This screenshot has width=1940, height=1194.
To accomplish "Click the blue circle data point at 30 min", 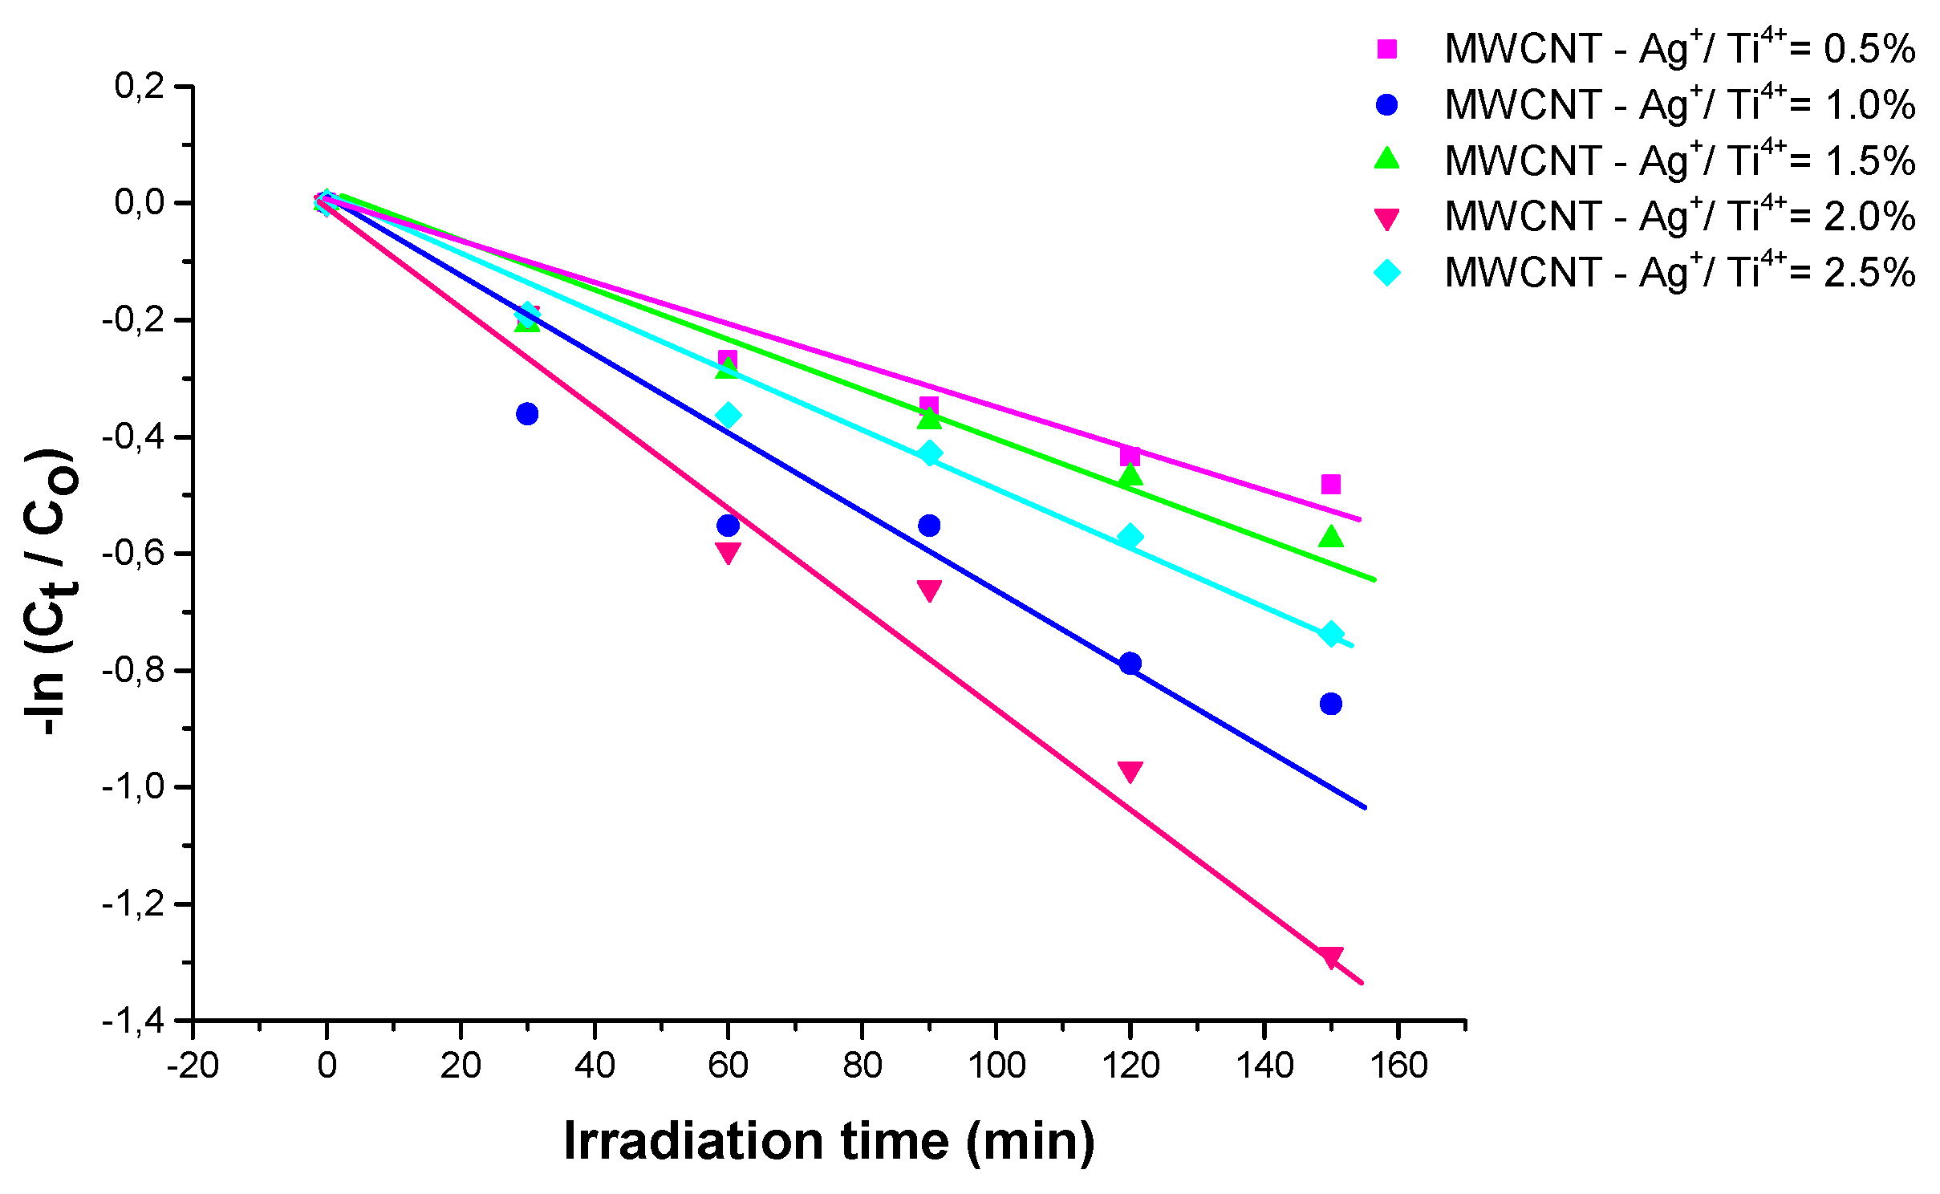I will point(527,414).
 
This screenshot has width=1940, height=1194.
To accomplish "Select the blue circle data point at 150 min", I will point(1330,704).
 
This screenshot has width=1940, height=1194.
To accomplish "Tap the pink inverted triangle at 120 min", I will point(1130,771).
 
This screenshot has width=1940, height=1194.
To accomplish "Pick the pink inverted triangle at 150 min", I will point(1330,956).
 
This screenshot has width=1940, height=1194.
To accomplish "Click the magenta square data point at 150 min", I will point(1330,484).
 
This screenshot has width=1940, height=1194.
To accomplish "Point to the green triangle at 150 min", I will point(1330,536).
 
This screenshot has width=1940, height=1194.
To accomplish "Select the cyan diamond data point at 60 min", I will point(728,416).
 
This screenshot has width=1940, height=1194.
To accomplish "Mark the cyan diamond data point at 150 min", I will point(1330,634).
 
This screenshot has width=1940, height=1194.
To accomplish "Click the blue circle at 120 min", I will point(1130,664).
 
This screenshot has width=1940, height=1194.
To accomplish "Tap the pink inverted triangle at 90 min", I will point(929,591).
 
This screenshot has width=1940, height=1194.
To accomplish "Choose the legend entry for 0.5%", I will point(1679,49).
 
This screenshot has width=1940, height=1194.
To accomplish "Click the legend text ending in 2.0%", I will point(1679,217).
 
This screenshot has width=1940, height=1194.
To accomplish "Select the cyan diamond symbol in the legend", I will point(1386,273).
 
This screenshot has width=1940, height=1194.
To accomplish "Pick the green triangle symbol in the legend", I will point(1386,159).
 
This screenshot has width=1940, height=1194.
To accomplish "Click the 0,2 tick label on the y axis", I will point(140,86).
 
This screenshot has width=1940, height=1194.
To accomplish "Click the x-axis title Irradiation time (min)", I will point(829,1140).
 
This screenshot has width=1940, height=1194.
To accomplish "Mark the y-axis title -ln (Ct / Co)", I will point(51,592).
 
